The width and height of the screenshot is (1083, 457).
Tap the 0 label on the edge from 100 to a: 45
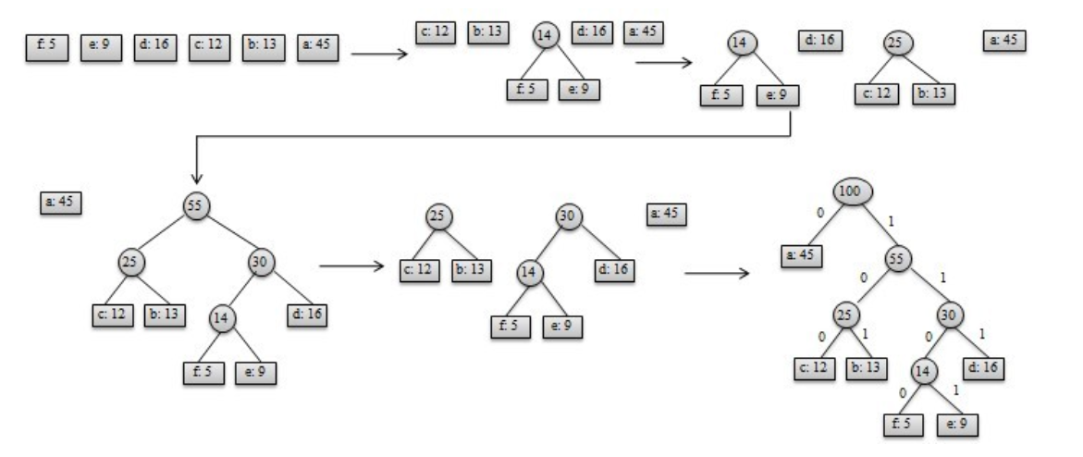(x=819, y=213)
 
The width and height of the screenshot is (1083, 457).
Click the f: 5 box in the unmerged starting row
(x=43, y=46)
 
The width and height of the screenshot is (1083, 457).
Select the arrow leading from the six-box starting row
(x=380, y=53)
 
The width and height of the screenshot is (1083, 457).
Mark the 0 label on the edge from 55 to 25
(x=863, y=278)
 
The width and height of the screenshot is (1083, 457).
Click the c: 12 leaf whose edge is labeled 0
(x=814, y=367)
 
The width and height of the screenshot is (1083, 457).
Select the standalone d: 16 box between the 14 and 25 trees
(x=819, y=41)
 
